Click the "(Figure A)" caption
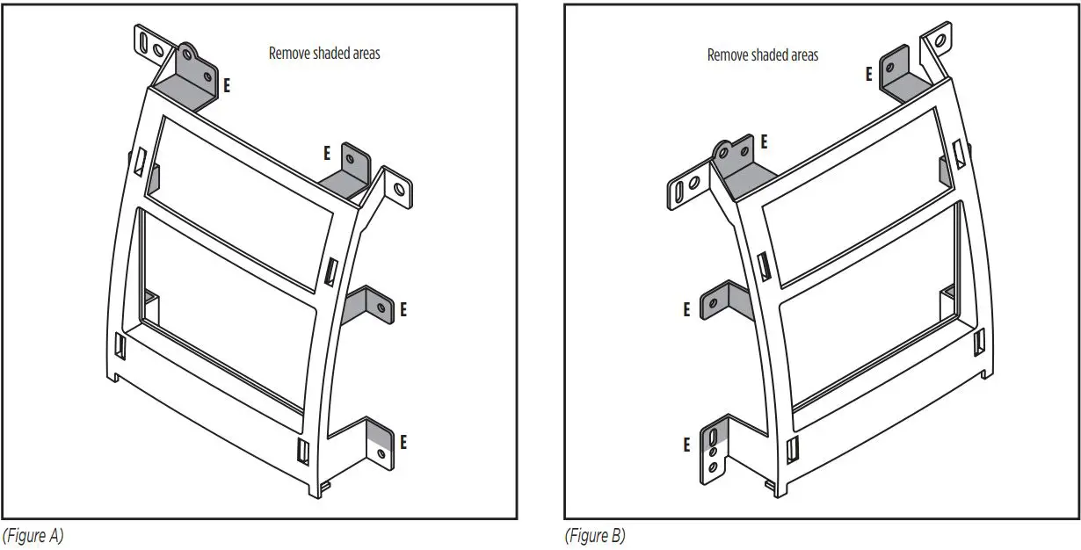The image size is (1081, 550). (33, 535)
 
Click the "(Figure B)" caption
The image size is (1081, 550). (595, 535)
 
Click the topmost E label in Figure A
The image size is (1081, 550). (227, 86)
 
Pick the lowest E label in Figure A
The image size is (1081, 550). (403, 441)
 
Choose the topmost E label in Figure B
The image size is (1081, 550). (868, 74)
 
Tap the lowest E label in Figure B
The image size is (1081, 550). (686, 445)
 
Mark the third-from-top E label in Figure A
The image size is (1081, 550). (403, 309)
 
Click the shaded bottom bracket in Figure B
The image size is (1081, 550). (713, 448)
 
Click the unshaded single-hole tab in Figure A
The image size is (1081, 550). (397, 190)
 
